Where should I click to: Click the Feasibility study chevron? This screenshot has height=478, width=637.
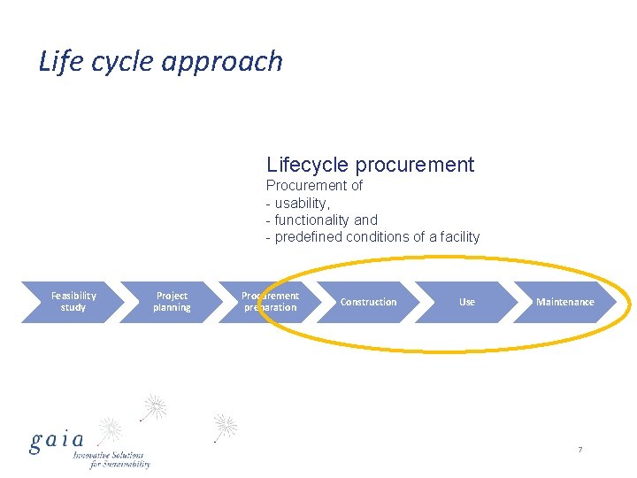coord(73,302)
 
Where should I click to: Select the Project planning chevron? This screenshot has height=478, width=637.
coord(171,302)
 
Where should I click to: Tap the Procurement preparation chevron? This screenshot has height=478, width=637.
coord(270,302)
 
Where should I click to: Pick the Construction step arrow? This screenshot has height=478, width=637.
coord(368,302)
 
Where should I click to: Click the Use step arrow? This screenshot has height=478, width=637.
coord(466,302)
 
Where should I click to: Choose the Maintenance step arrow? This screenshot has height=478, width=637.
coord(564,302)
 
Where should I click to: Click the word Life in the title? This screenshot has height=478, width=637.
coord(55,61)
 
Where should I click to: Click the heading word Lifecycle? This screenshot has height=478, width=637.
coord(307,165)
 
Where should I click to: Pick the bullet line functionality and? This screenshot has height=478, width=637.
coord(326,220)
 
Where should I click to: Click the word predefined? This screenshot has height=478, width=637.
coord(310,236)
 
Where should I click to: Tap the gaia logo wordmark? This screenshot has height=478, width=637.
coord(57,440)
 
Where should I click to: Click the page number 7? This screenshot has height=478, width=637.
coord(579,451)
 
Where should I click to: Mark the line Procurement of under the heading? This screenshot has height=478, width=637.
coord(314,186)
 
